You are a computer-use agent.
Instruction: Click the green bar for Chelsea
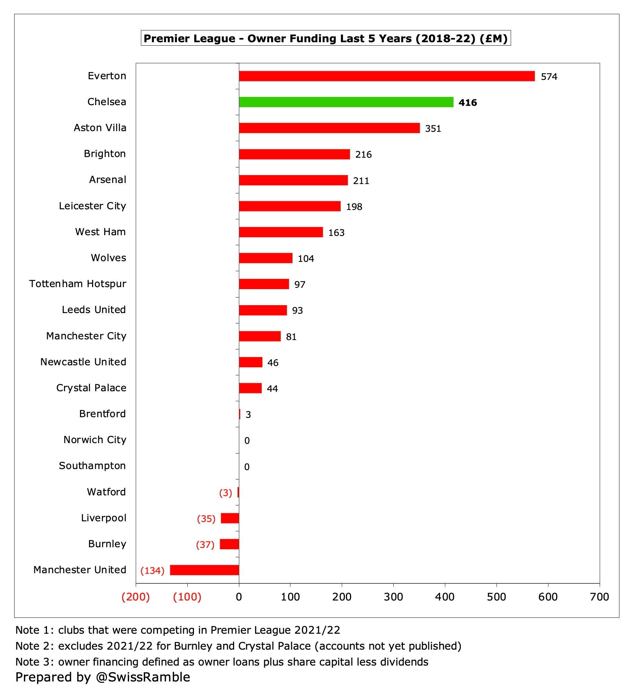coord(346,102)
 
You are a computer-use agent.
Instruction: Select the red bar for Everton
coord(386,76)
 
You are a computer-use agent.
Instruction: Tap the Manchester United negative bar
coord(204,570)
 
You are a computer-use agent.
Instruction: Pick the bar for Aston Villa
coord(329,128)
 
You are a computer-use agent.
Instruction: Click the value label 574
coord(549,77)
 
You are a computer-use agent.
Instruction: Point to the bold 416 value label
coord(467,103)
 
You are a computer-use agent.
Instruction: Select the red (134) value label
coord(152,570)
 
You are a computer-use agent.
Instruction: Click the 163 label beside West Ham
coord(336,233)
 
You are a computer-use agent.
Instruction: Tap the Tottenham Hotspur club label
coord(78,284)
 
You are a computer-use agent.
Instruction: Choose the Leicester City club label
coord(92,206)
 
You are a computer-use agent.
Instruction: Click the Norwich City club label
coord(95,440)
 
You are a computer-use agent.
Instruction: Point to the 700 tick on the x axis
coord(599,597)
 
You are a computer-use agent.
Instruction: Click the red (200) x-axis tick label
coord(135,597)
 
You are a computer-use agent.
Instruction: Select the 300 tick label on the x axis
coord(393,597)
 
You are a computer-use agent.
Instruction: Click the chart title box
coord(325,38)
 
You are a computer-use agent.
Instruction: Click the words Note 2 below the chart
coord(35,646)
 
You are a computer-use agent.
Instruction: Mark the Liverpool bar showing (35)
coord(230,518)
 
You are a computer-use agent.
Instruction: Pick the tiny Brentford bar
coord(240,414)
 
